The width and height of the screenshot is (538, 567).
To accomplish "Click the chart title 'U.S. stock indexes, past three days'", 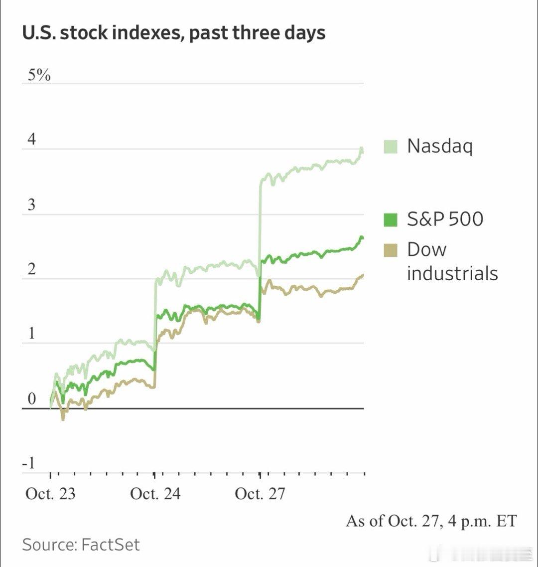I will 174,33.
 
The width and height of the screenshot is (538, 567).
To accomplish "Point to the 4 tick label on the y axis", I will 31,140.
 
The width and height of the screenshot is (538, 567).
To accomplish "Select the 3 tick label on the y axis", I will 31,205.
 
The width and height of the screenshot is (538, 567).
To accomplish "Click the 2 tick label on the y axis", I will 31,270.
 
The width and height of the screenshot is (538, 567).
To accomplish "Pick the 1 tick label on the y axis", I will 31,334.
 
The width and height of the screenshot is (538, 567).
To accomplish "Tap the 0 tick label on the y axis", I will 31,399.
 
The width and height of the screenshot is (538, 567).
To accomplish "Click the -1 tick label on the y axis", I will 29,463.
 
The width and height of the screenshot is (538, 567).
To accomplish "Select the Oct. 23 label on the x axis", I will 50,494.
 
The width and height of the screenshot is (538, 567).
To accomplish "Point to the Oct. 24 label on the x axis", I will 155,494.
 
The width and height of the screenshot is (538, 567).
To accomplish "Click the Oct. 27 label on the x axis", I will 260,494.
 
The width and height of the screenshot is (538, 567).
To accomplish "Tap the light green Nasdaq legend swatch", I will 391,147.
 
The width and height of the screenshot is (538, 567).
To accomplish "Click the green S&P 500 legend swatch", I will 391,219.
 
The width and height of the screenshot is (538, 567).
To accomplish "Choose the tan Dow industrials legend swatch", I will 391,250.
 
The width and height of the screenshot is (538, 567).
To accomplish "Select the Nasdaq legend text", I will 439,147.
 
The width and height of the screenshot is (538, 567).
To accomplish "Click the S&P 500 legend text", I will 445,219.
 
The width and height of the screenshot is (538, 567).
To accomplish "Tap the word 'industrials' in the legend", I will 452,273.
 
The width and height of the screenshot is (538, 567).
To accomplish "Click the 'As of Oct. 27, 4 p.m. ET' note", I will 431,521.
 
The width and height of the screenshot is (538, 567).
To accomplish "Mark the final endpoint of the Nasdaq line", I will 363,151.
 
